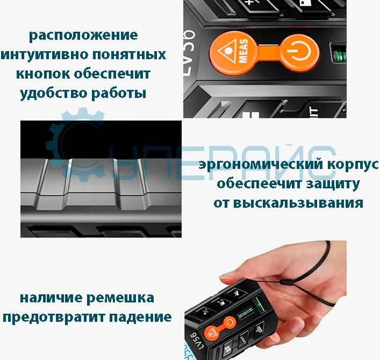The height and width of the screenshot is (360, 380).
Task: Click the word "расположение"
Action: (x=83, y=36)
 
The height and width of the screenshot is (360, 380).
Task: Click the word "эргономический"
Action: (x=252, y=165)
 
